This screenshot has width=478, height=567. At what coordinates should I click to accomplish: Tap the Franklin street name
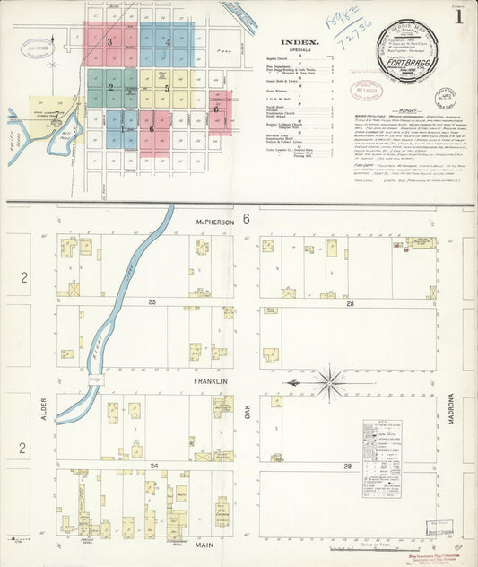click(211, 381)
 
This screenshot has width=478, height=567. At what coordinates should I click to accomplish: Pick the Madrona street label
click(452, 407)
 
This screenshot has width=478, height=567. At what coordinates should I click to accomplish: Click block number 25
click(152, 301)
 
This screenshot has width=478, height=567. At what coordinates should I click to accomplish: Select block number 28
click(349, 303)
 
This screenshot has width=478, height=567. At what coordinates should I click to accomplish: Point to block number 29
click(347, 467)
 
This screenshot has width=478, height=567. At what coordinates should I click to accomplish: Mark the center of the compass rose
click(331, 384)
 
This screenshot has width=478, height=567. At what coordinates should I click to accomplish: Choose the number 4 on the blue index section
click(167, 41)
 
